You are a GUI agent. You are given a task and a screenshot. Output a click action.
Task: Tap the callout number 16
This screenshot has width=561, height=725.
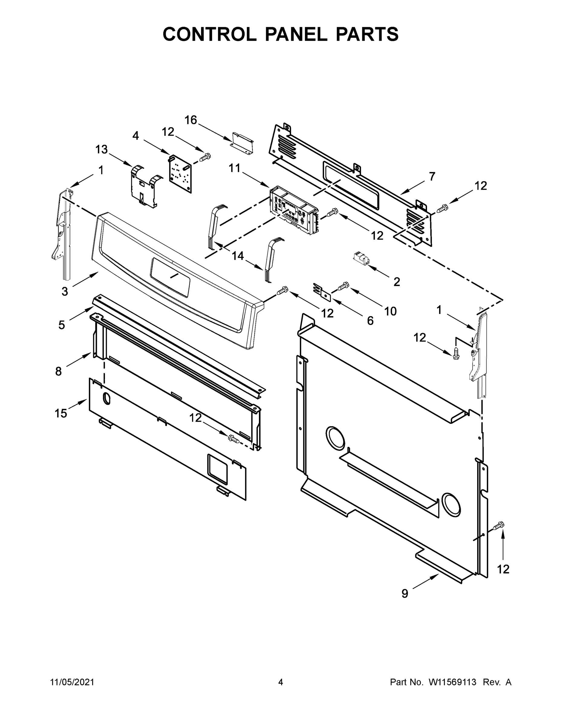tap(191, 120)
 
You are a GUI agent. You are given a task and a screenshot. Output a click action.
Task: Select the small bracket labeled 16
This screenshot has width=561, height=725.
tap(243, 144)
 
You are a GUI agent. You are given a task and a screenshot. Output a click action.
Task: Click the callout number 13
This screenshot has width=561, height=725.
tap(101, 150)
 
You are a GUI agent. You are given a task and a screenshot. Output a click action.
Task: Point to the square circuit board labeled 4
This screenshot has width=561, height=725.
tap(180, 174)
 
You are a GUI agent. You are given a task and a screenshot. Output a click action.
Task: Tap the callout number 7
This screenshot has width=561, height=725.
tap(432, 177)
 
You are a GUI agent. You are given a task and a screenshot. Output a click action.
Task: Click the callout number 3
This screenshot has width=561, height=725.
tap(64, 292)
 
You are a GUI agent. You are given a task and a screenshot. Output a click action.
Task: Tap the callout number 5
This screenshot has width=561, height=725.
tap(61, 325)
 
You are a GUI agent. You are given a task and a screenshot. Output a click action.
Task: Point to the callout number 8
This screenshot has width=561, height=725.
tap(58, 371)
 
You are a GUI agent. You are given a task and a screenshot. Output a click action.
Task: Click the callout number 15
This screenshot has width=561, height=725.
tap(61, 413)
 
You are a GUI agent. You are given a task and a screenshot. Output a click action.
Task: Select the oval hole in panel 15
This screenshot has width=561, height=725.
tap(106, 398)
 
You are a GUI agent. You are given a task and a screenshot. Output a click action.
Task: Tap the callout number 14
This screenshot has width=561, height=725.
tap(238, 256)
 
